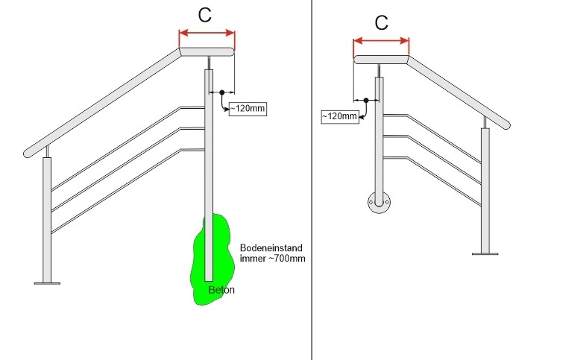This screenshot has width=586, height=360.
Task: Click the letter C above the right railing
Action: pos(381,22)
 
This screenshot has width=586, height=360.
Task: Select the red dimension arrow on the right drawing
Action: pos(381,40)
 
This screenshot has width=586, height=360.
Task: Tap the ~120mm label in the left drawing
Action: pos(247,109)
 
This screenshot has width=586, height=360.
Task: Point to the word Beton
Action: pos(221,290)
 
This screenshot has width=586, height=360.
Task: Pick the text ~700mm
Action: pos(289,259)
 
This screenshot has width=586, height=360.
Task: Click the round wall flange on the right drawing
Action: pos(379,202)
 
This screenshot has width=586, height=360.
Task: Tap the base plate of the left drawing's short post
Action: pos(47,282)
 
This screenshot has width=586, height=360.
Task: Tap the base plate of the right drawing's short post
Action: pos(485,253)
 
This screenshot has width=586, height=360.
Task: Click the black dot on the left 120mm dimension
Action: pos(221,92)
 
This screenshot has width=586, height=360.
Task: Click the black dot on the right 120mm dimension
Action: pos(365,100)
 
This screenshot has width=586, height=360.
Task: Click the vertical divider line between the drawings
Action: pos(312,179)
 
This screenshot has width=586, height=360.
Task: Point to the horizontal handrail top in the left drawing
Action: pos(207,52)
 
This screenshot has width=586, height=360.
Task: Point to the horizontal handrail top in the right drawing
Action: pos(381,60)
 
